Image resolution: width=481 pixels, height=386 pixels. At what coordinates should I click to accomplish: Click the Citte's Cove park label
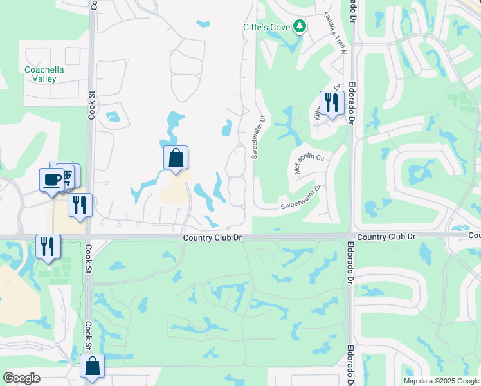[265, 27]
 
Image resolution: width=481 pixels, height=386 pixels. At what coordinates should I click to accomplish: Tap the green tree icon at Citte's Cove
[299, 26]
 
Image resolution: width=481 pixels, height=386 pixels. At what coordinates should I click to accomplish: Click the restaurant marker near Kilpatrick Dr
[332, 103]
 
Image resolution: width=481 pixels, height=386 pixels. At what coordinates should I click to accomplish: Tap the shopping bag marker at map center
[176, 158]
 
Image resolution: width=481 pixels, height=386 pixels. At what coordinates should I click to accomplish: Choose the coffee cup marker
[51, 179]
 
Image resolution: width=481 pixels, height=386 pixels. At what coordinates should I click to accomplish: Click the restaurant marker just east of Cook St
[80, 205]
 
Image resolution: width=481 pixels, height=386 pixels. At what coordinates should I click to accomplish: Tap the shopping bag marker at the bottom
[92, 366]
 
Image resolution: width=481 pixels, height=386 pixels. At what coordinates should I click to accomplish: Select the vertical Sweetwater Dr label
[257, 137]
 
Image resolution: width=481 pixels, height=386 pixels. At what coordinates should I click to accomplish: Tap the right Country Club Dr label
[386, 237]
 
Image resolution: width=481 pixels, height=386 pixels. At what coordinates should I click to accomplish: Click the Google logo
[21, 378]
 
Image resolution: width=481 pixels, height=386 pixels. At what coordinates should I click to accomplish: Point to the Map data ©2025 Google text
[440, 381]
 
